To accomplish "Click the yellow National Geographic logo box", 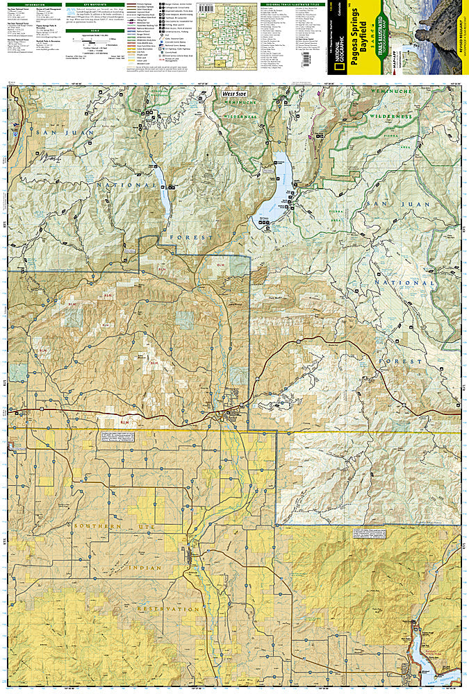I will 336,55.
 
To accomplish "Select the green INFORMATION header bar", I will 35,3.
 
